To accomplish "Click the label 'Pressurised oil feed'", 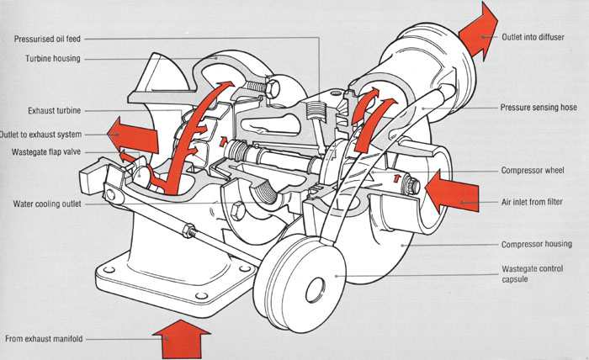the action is (47, 39).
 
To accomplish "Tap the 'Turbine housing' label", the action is (52, 59).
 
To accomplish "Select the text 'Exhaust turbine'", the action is (55, 111).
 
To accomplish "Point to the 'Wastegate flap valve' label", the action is (46, 152).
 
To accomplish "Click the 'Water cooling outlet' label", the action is (47, 204).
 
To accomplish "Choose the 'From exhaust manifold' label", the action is (44, 339).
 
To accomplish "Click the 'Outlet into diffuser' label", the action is (533, 37).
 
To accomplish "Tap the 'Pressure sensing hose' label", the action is (539, 108).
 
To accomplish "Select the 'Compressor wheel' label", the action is (533, 171).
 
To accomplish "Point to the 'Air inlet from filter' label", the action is (532, 202).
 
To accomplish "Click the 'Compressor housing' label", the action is (537, 245).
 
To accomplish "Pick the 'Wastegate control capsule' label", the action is (533, 274).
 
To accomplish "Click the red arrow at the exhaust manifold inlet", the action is (182, 340).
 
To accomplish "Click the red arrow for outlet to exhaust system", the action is (132, 135).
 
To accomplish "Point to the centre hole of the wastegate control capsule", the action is (315, 290).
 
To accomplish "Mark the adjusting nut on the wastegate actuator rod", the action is (188, 230).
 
